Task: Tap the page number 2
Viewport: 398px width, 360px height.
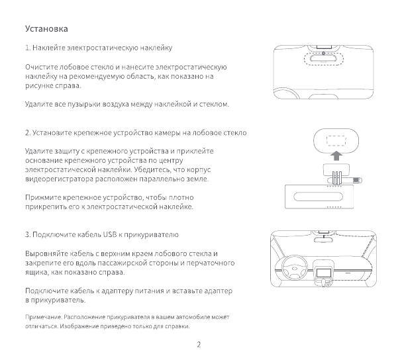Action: pyautogui.click(x=199, y=344)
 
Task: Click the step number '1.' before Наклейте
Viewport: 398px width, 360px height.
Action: pyautogui.click(x=27, y=48)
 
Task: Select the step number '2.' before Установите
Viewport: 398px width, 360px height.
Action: pyautogui.click(x=27, y=133)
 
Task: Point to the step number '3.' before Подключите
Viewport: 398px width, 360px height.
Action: pyautogui.click(x=27, y=235)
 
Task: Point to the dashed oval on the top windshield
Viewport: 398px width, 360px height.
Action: pyautogui.click(x=320, y=58)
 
